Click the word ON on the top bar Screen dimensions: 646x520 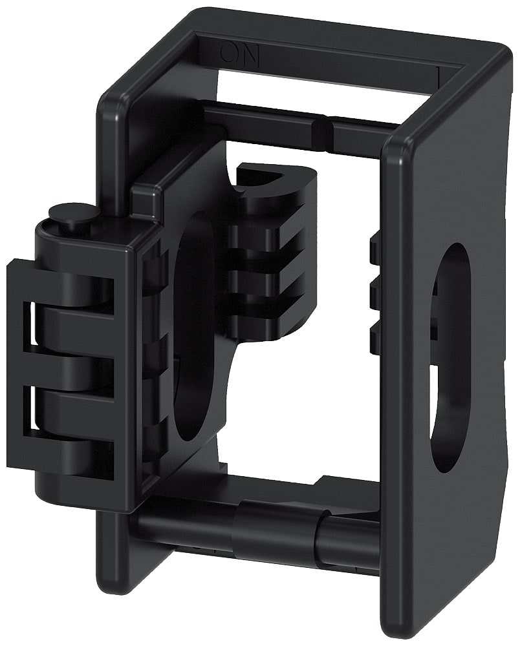pos(240,54)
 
